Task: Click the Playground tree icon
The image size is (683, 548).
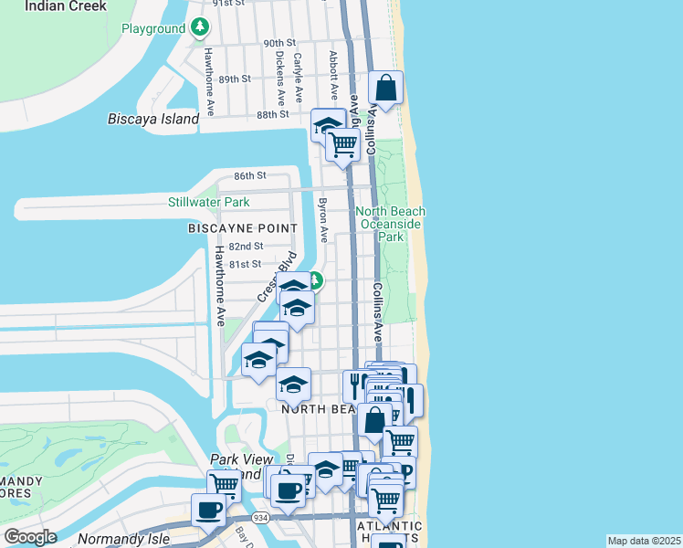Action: tap(200, 28)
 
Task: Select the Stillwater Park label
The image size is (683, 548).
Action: tap(208, 202)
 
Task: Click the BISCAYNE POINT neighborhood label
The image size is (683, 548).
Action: tap(242, 227)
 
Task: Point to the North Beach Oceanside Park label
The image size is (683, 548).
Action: tap(391, 224)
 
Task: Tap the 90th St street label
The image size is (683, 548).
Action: tap(279, 43)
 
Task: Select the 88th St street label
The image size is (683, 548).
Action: tap(272, 114)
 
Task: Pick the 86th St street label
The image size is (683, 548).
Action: tap(248, 174)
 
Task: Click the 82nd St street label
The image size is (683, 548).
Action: tap(246, 246)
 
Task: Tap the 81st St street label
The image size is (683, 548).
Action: tap(245, 264)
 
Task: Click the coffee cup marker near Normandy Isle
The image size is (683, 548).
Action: tap(208, 511)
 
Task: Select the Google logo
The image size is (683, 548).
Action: tap(30, 537)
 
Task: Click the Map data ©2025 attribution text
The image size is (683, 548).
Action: tap(644, 541)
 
